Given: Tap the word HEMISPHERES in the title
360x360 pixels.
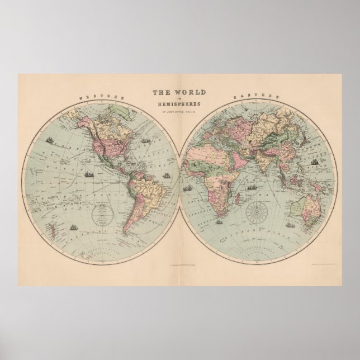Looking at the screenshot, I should (180, 106).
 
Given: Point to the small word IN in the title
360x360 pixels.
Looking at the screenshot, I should (180, 99).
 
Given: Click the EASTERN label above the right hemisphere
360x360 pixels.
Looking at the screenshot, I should (261, 96).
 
